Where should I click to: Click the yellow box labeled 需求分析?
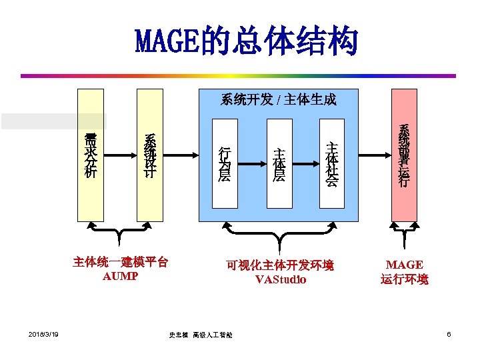tap(89, 155)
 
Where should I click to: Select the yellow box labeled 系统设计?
tap(149, 155)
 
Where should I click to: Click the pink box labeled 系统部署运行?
tap(404, 155)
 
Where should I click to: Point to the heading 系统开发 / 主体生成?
tap(278, 100)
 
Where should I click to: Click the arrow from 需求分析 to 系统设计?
tap(119, 155)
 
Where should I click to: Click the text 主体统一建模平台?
tap(120, 262)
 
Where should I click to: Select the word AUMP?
tap(120, 275)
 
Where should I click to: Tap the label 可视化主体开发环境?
tap(280, 265)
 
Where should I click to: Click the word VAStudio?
tap(281, 279)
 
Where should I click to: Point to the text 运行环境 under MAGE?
tap(405, 279)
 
